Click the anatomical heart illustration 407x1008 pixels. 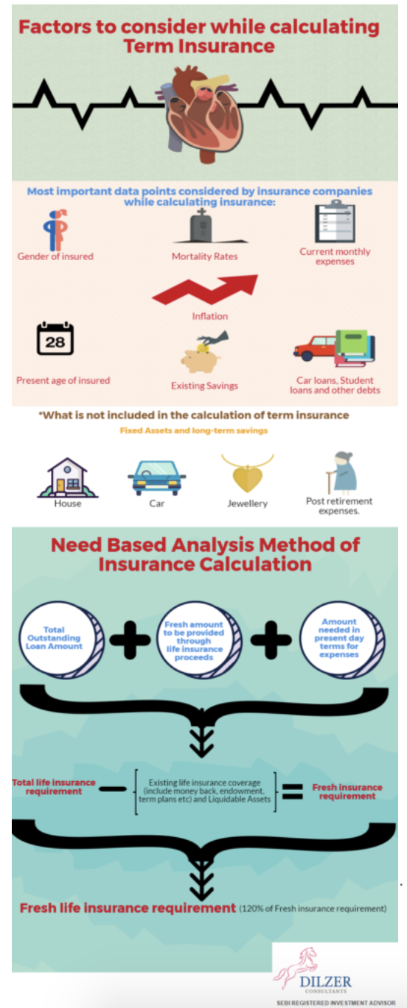pyautogui.click(x=202, y=113)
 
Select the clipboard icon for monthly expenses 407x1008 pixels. pyautogui.click(x=335, y=221)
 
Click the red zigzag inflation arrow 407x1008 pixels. pyautogui.click(x=205, y=290)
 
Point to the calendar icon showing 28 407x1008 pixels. pyautogui.click(x=55, y=338)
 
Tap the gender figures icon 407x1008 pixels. pyautogui.click(x=56, y=230)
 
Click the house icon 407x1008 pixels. pyautogui.click(x=68, y=477)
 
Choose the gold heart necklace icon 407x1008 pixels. pyautogui.click(x=248, y=473)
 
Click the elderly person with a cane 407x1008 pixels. pyautogui.click(x=342, y=472)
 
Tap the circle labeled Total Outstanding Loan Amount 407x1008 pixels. pyautogui.click(x=61, y=640)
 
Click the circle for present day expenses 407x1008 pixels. pyautogui.click(x=343, y=640)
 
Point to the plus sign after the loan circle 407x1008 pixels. pyautogui.click(x=130, y=640)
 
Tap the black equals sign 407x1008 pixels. pyautogui.click(x=293, y=792)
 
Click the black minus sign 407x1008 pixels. pyautogui.click(x=113, y=788)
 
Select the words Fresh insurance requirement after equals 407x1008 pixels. pyautogui.click(x=347, y=791)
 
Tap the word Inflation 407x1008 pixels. pyautogui.click(x=210, y=316)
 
